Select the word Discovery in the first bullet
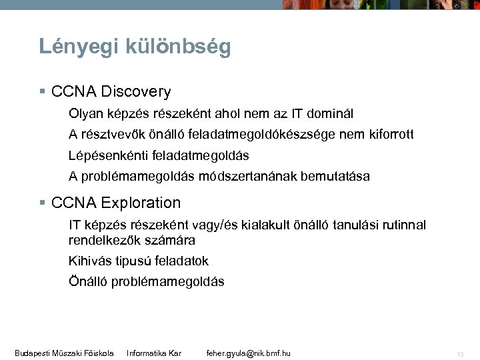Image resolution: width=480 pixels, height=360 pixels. [138, 91]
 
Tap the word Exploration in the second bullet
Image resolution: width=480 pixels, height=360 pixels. [143, 202]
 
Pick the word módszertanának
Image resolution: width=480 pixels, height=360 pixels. [251, 177]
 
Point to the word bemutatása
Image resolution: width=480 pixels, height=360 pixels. [335, 177]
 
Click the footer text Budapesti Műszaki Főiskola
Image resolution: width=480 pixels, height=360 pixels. [64, 352]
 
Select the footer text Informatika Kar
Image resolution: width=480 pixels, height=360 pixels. [154, 352]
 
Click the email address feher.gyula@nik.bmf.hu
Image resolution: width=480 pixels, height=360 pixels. [249, 352]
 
